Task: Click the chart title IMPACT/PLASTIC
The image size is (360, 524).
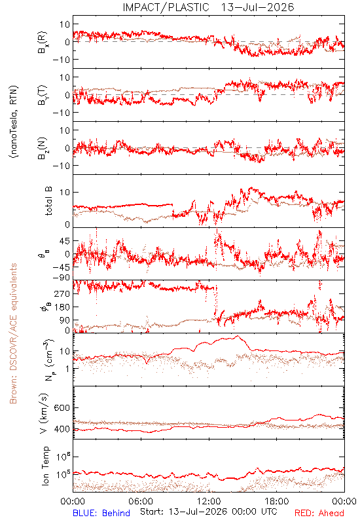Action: pyautogui.click(x=166, y=7)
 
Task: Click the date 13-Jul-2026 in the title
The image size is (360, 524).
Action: pyautogui.click(x=257, y=7)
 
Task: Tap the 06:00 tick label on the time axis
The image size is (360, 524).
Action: pyautogui.click(x=141, y=501)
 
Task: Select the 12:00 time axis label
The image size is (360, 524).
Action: pyautogui.click(x=209, y=501)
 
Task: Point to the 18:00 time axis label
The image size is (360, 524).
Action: pyautogui.click(x=277, y=501)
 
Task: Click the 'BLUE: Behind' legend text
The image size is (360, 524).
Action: pyautogui.click(x=101, y=513)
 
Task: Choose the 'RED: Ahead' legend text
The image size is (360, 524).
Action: pyautogui.click(x=319, y=513)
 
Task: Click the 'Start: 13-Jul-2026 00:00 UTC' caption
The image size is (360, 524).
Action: pyautogui.click(x=208, y=512)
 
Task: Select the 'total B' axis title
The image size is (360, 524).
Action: pyautogui.click(x=48, y=201)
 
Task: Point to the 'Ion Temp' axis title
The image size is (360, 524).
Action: pyautogui.click(x=45, y=466)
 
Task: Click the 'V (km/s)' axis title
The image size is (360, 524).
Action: pyautogui.click(x=44, y=413)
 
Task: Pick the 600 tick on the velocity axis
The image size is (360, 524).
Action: pyautogui.click(x=62, y=407)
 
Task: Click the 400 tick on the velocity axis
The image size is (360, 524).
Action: pyautogui.click(x=62, y=429)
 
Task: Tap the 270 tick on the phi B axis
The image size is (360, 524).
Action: pyautogui.click(x=63, y=293)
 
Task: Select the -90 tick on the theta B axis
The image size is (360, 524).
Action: pyautogui.click(x=62, y=278)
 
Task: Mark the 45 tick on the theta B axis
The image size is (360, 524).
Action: pyautogui.click(x=65, y=241)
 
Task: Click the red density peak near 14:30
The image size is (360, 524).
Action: pyautogui.click(x=238, y=336)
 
